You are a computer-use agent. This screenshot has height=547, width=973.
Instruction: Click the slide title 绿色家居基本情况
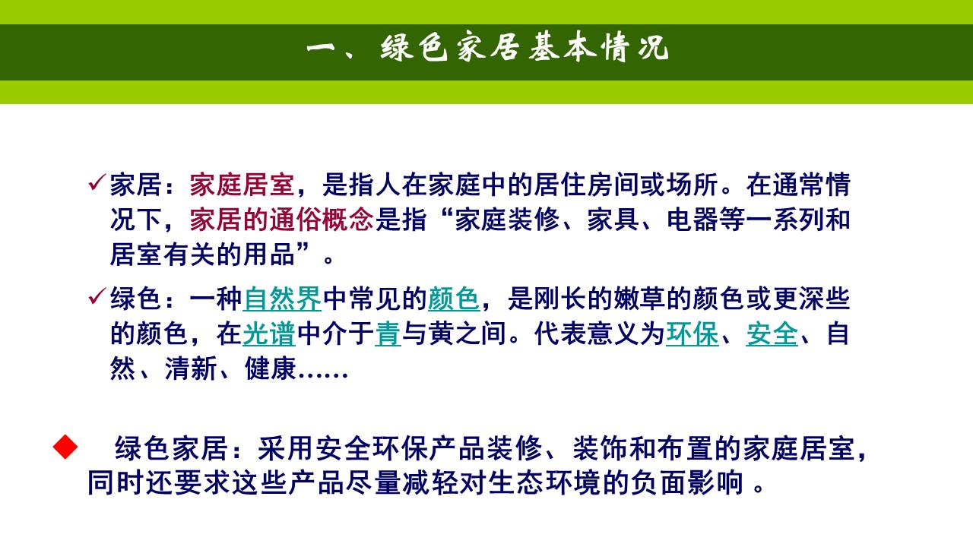coord(486,50)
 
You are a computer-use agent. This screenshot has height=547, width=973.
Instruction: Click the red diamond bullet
coord(65,447)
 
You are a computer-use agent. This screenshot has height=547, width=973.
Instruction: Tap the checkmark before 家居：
coord(97,183)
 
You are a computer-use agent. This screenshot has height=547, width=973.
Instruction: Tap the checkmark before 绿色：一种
coord(97,297)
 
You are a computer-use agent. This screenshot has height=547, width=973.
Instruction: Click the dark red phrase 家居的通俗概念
coord(281,220)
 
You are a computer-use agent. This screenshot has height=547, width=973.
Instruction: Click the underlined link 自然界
coord(282,299)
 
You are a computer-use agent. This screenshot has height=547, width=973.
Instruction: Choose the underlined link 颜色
coord(454,299)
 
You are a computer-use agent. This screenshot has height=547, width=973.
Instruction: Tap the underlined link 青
coord(388,334)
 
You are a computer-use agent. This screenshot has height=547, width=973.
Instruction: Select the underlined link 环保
coord(692,334)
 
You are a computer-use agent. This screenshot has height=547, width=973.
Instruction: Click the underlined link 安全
coord(772,334)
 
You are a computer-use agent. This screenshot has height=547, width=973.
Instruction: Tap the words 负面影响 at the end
coord(691,484)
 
